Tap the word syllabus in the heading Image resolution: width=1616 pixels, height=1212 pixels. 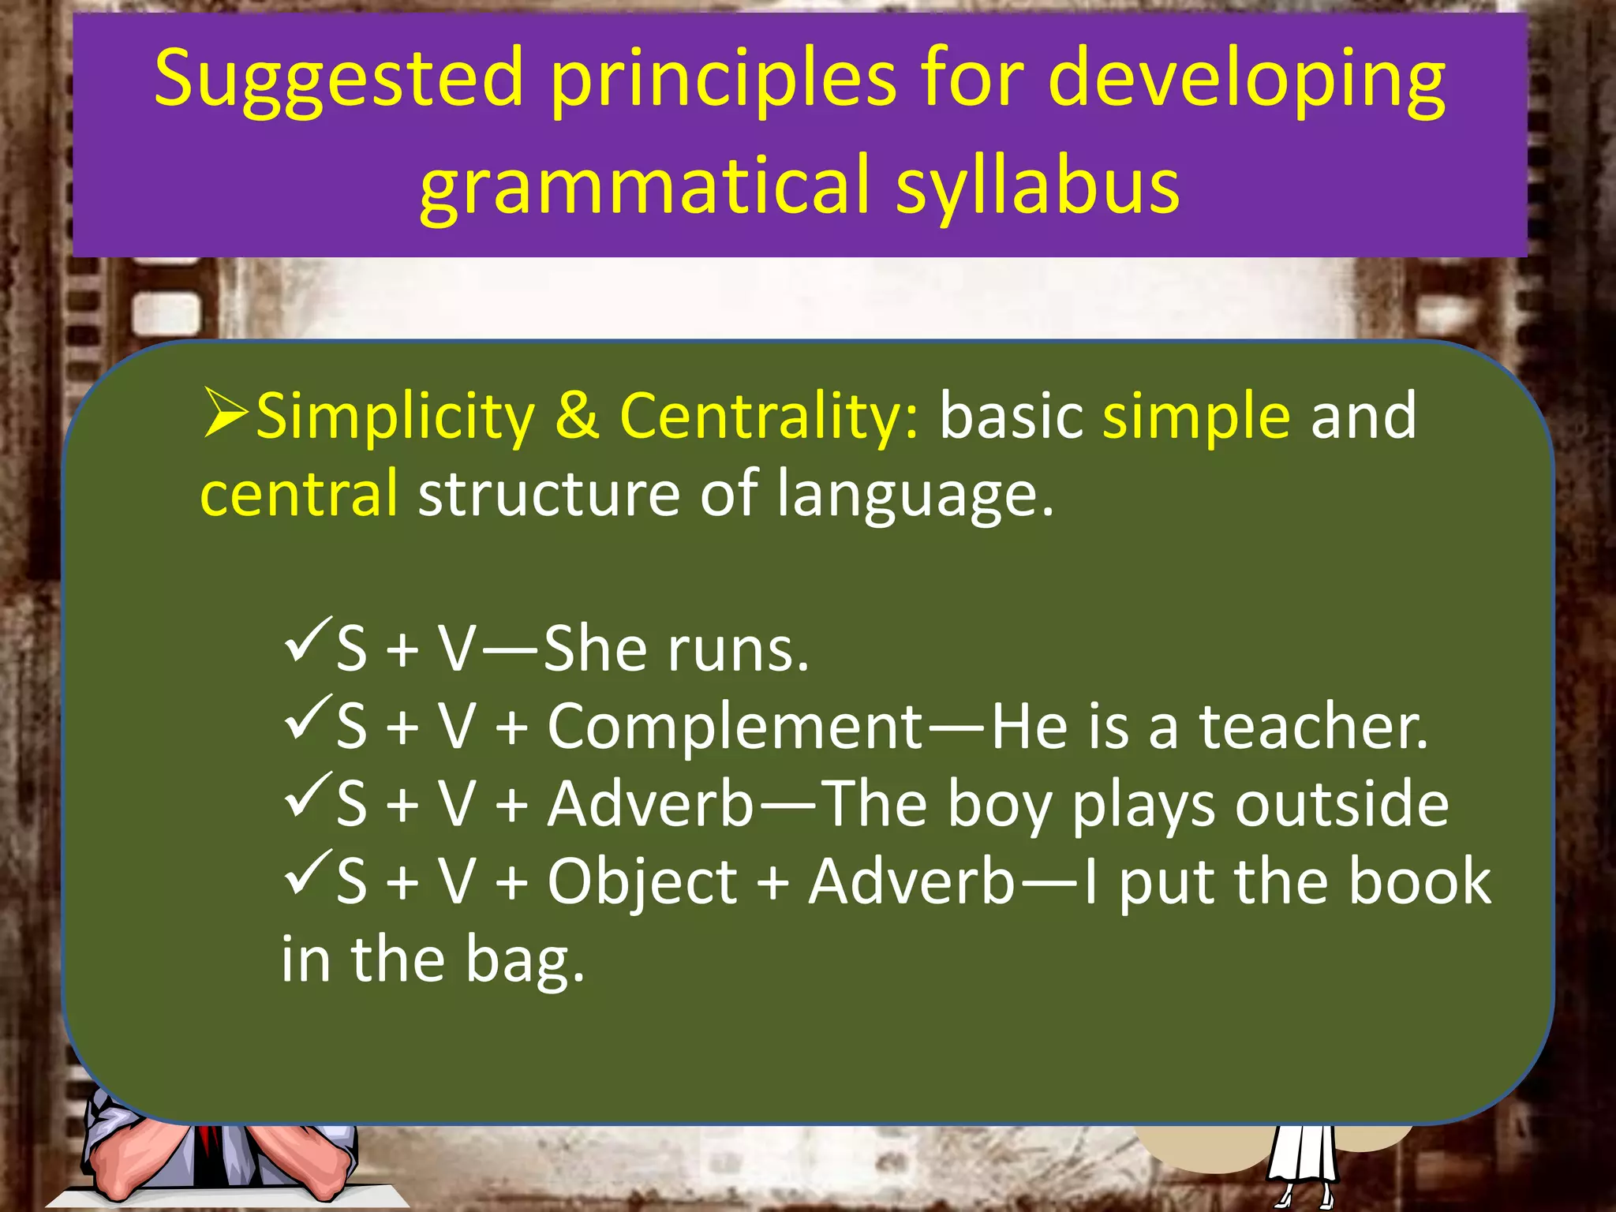tap(1037, 186)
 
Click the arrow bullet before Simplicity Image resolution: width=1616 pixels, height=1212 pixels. tap(226, 412)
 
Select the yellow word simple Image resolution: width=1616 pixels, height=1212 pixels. tap(1195, 417)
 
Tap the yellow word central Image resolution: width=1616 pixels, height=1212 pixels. tap(299, 494)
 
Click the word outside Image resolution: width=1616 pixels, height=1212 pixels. tap(1341, 805)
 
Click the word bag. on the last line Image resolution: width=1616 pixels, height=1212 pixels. tap(525, 961)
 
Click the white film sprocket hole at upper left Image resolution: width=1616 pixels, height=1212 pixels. tap(166, 314)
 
